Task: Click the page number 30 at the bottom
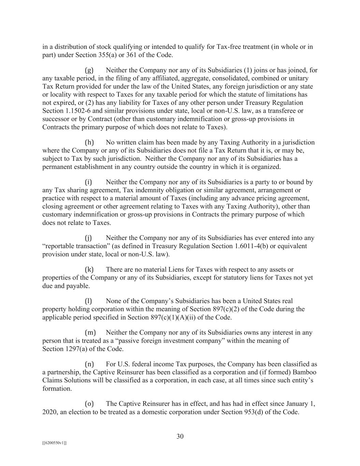(x=180, y=436)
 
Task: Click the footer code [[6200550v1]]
(x=54, y=443)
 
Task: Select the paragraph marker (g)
(x=89, y=70)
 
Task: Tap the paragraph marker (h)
(x=89, y=142)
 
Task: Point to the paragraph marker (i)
(x=88, y=182)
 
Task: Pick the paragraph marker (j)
(x=88, y=238)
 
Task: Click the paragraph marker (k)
(x=89, y=269)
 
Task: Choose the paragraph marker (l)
(x=88, y=301)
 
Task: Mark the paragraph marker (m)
(x=90, y=332)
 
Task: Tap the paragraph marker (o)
(x=89, y=404)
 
